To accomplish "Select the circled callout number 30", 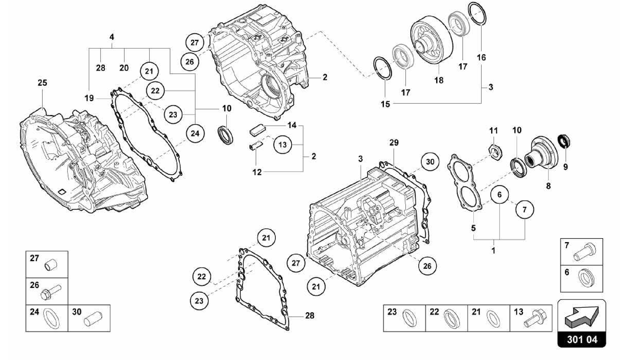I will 430,162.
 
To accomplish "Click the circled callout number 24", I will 195,133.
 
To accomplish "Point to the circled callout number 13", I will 282,144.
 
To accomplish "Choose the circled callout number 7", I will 525,210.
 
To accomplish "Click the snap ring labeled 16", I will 477,14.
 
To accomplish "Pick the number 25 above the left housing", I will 42,83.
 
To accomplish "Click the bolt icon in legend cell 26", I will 50,291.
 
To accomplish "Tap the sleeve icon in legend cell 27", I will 51,265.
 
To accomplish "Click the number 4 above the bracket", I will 112,37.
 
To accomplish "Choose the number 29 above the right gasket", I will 394,143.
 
